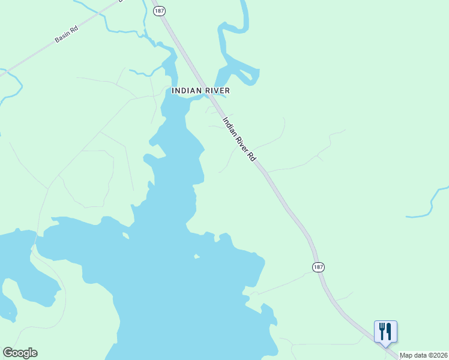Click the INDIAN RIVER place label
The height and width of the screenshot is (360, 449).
coord(200,91)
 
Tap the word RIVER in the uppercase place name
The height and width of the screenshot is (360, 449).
coord(216,91)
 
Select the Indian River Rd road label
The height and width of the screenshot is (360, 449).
coord(240,139)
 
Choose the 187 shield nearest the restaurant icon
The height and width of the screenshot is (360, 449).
coord(318,266)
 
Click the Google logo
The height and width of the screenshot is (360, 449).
coord(20,353)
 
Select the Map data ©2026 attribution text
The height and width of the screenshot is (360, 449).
coord(423,355)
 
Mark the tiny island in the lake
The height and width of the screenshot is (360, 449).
coord(196,257)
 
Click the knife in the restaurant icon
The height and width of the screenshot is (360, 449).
coord(389,331)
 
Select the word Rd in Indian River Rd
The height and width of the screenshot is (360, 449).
coord(253,157)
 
